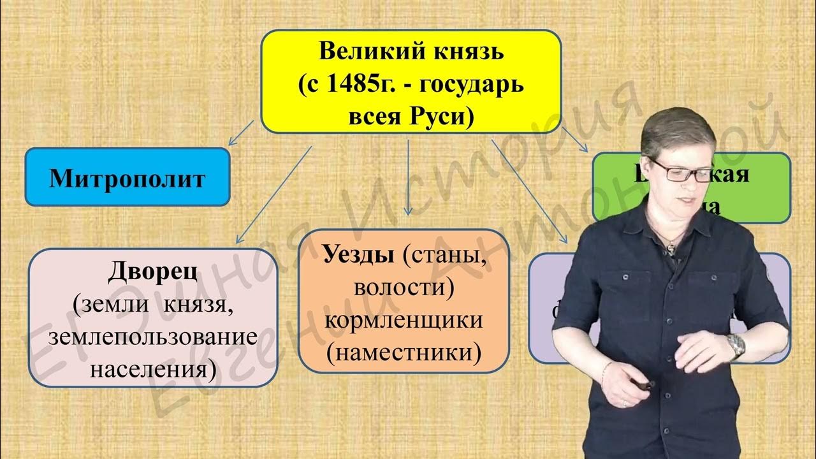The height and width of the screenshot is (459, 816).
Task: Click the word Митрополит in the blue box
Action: [x=127, y=178]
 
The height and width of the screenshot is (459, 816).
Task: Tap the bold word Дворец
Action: [x=152, y=273]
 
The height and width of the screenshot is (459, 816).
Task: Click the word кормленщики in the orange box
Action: [x=404, y=320]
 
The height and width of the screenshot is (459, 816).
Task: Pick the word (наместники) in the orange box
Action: [x=404, y=351]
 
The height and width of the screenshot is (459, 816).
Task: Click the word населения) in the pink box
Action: [x=152, y=368]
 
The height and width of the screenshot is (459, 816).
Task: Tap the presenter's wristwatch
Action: [x=736, y=346]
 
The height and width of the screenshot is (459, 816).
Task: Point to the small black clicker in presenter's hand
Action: [x=646, y=384]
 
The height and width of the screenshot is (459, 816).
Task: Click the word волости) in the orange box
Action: [x=404, y=288]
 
